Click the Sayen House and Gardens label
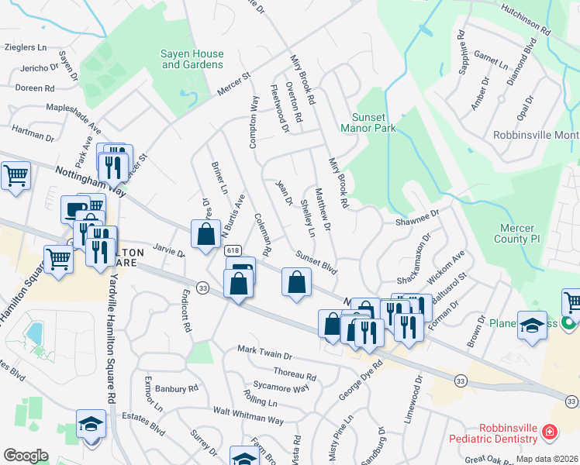(192, 60)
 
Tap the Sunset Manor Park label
(368, 122)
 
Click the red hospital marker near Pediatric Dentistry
(549, 432)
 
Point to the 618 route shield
(232, 251)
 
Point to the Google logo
(26, 455)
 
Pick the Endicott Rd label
(185, 311)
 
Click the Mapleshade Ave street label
(74, 115)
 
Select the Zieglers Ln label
(26, 47)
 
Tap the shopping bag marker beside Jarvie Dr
(205, 233)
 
